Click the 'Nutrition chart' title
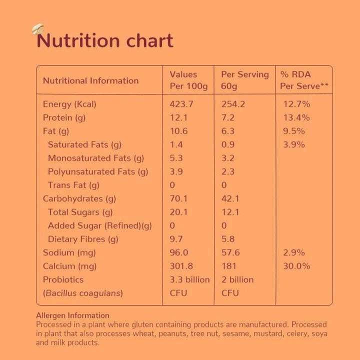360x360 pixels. (105, 41)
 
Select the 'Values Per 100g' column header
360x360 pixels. (188, 80)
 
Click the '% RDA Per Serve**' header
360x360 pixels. (304, 80)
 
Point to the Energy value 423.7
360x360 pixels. (181, 104)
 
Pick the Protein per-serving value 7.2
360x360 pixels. (227, 117)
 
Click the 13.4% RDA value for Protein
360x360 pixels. (296, 117)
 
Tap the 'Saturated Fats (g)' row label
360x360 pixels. (84, 144)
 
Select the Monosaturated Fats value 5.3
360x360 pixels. (176, 158)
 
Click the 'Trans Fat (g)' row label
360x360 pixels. (73, 185)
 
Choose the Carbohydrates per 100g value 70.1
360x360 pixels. (178, 198)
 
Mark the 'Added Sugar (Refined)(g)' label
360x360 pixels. (99, 225)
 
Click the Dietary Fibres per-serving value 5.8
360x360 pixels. (228, 239)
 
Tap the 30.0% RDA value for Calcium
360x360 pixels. (296, 266)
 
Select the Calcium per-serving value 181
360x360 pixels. (229, 266)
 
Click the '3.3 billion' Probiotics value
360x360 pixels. (189, 279)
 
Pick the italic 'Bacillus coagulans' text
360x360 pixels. (83, 293)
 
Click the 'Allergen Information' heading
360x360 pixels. (72, 315)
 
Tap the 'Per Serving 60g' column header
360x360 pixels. (244, 80)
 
